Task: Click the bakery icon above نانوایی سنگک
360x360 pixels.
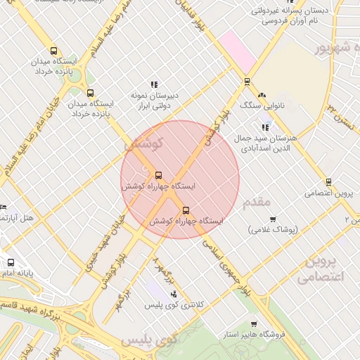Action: click(262, 95)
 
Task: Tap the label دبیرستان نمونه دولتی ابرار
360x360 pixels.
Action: click(154, 99)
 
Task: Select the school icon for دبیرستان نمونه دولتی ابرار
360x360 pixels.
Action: click(154, 84)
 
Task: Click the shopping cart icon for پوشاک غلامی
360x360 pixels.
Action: click(273, 219)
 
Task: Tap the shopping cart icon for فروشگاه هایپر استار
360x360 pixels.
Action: click(254, 325)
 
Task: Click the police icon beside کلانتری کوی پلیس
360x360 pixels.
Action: click(174, 294)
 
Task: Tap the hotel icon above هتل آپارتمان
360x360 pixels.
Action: click(3, 207)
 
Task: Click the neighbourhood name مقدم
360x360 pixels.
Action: click(256, 202)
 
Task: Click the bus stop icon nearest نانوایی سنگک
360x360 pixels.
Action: click(246, 82)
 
